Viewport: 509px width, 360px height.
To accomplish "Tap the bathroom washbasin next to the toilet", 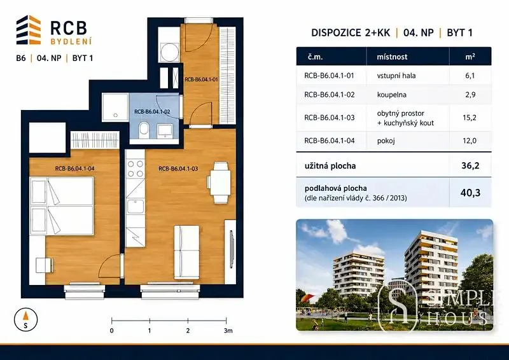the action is [x=165, y=130].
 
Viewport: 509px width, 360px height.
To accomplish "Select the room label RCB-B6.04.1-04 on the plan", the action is [x=74, y=169].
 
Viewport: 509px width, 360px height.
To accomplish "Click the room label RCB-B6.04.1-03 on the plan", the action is [x=178, y=169].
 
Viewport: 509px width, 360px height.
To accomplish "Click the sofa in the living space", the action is [x=186, y=252].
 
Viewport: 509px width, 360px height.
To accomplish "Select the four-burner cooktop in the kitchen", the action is [x=136, y=169].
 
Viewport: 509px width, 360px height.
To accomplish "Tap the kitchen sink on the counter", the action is [x=136, y=207].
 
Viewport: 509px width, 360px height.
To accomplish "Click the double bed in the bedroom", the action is [x=62, y=205].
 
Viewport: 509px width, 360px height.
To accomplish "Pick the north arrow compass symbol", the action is [x=26, y=320].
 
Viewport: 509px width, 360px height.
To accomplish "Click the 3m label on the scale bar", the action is [x=228, y=331].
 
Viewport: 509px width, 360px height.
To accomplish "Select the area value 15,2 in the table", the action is [x=470, y=118].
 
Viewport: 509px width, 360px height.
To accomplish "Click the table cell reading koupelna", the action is [x=391, y=95].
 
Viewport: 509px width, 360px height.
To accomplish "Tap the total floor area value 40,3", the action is [x=470, y=193].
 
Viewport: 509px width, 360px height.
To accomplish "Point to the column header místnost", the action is [x=392, y=57].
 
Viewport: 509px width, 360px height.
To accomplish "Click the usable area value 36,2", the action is [x=470, y=166].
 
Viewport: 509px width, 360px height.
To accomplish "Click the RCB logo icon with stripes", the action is [x=29, y=29].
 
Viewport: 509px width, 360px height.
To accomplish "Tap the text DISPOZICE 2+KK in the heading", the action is [x=351, y=33].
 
